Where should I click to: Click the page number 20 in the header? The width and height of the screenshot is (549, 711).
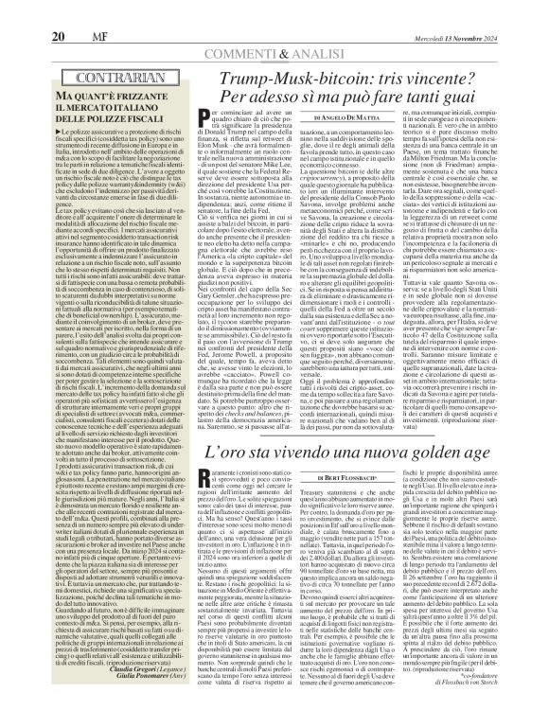(32, 11)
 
